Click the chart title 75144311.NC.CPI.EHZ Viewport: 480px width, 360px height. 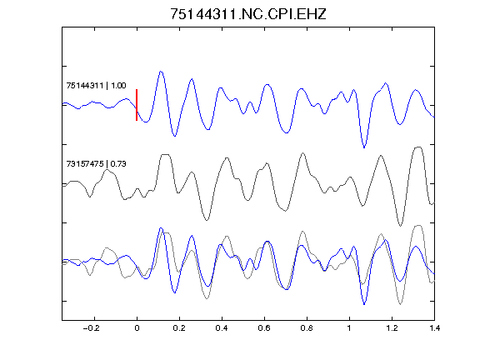pyautogui.click(x=248, y=14)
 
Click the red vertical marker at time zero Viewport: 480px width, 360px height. pyautogui.click(x=137, y=105)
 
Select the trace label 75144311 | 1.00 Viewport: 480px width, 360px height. pyautogui.click(x=96, y=85)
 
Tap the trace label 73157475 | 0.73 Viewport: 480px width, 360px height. pyautogui.click(x=96, y=164)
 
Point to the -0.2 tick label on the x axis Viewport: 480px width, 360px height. pyautogui.click(x=92, y=328)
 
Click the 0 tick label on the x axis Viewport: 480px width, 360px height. pyautogui.click(x=137, y=328)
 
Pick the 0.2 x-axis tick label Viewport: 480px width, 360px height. pyautogui.click(x=179, y=328)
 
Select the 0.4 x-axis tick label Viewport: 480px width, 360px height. pyautogui.click(x=222, y=328)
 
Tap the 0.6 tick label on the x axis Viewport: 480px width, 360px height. pyautogui.click(x=264, y=328)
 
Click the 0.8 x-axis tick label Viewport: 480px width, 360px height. pyautogui.click(x=307, y=328)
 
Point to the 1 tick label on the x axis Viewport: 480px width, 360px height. pyautogui.click(x=349, y=328)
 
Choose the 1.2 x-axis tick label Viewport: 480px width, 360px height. pyautogui.click(x=392, y=328)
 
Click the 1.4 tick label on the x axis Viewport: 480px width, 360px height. pyautogui.click(x=434, y=328)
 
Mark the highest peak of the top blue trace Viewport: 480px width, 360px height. pyautogui.click(x=161, y=72)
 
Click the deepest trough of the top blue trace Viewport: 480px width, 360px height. pyautogui.click(x=364, y=147)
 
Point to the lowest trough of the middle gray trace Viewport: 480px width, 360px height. pyautogui.click(x=400, y=226)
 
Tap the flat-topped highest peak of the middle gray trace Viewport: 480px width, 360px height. pyautogui.click(x=419, y=147)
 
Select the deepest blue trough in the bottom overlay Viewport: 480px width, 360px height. pyautogui.click(x=364, y=304)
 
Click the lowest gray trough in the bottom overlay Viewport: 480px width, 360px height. pyautogui.click(x=400, y=304)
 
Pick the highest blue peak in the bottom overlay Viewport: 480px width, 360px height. pyautogui.click(x=161, y=228)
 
